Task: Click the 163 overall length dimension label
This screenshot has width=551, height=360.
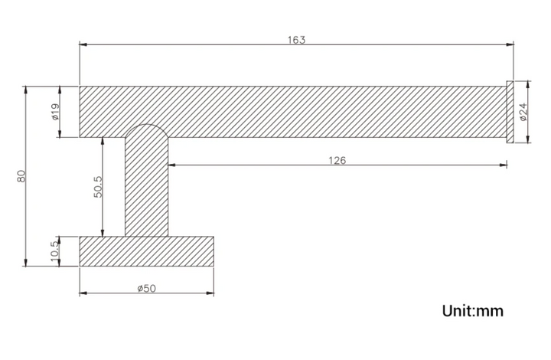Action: point(297,40)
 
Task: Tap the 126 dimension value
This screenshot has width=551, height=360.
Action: point(337,161)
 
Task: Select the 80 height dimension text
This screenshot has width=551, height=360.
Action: point(21,175)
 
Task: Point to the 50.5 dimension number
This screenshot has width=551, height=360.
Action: point(98,187)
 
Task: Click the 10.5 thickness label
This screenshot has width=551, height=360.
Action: point(54,251)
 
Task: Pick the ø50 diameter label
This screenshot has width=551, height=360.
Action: point(146,288)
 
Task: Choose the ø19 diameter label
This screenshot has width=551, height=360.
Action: point(56,112)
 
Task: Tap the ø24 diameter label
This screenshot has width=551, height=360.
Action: point(523,112)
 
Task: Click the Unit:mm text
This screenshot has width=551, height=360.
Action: point(473,311)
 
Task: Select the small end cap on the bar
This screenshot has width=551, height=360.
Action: point(510,112)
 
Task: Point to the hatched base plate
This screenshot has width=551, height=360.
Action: point(146,251)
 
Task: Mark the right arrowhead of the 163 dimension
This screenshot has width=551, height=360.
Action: point(510,44)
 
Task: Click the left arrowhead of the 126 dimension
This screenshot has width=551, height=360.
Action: point(172,165)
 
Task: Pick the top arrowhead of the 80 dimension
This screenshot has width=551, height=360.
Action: point(25,90)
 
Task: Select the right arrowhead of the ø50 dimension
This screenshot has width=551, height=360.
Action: point(210,293)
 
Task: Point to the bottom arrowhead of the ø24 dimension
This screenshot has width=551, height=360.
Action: point(528,139)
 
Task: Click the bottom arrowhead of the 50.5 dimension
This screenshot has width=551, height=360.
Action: point(103,232)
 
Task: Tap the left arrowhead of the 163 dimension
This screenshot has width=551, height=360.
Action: point(83,44)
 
